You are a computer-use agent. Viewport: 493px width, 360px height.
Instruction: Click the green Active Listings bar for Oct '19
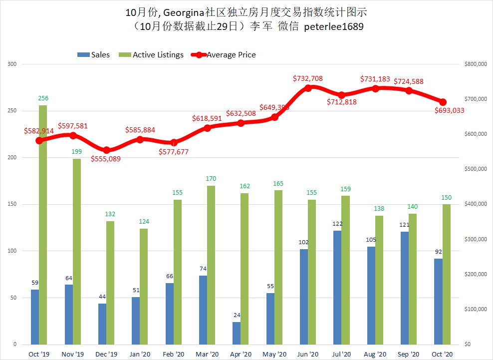pyautogui.click(x=43, y=225)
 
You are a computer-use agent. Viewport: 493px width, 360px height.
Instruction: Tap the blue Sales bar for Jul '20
pyautogui.click(x=337, y=287)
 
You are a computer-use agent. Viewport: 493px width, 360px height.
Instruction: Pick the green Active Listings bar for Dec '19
pyautogui.click(x=110, y=283)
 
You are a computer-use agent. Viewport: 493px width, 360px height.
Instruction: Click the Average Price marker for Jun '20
pyautogui.click(x=308, y=88)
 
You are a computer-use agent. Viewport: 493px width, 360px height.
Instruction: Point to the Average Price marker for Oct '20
pyautogui.click(x=443, y=102)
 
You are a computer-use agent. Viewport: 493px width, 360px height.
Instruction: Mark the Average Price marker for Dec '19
pyautogui.click(x=106, y=150)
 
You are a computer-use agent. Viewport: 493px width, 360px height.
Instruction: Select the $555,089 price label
pyautogui.click(x=106, y=159)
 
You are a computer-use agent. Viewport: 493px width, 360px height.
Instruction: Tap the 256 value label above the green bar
pyautogui.click(x=43, y=98)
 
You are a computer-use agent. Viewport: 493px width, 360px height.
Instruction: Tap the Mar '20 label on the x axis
pyautogui.click(x=207, y=354)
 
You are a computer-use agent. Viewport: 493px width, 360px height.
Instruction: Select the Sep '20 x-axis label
pyautogui.click(x=409, y=354)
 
